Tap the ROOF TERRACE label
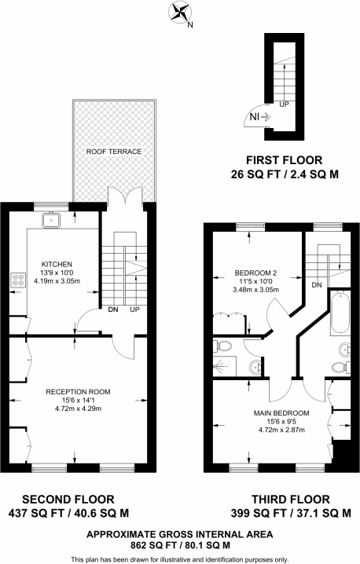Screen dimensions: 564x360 tap(108, 152)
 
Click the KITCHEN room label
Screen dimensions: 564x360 tap(57, 263)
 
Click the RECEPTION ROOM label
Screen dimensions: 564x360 tap(77, 390)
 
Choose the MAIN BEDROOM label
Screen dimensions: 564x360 tap(281, 412)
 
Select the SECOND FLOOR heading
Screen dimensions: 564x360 tap(68, 499)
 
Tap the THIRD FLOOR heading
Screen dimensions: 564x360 tap(290, 499)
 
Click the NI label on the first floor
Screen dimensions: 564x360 tap(255, 117)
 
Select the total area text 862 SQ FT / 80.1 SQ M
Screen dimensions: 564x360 tap(179, 544)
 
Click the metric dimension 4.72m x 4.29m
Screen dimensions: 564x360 tap(77, 409)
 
